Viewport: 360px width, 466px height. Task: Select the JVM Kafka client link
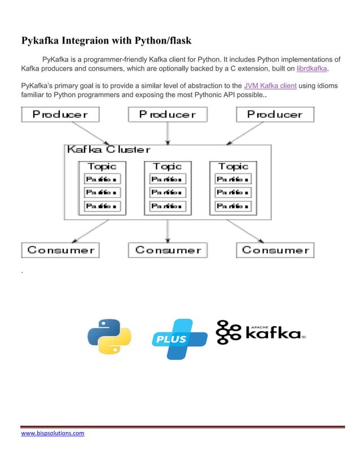270,86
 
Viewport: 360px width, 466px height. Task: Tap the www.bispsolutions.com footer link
52,433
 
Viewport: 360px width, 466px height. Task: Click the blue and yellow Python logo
109,337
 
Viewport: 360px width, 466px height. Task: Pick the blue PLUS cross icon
179,338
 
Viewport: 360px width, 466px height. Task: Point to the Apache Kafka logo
260,332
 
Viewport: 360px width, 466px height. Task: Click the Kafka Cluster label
108,150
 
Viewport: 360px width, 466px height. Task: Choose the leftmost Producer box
60,115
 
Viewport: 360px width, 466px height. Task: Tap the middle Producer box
168,115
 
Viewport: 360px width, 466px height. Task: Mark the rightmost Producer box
275,115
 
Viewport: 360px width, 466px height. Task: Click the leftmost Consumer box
60,250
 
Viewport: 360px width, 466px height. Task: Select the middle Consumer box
168,250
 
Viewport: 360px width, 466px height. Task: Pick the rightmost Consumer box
275,250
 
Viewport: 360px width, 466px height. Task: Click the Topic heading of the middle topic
168,166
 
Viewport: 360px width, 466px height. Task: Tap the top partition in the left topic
102,179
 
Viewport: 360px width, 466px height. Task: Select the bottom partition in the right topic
233,206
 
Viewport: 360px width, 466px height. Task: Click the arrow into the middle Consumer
168,231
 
